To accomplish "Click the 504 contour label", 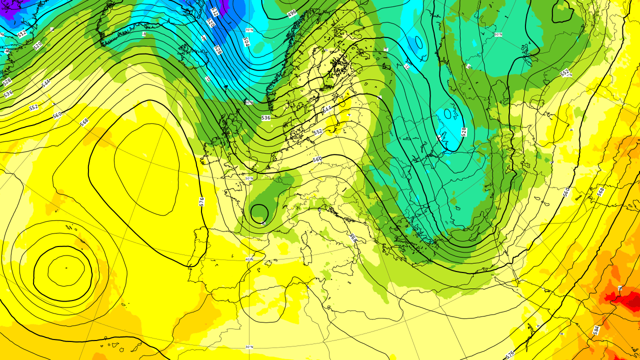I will (x=246, y=42).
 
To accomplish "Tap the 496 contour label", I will (x=292, y=13).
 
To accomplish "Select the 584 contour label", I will (x=596, y=330).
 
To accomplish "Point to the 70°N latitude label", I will (x=249, y=30).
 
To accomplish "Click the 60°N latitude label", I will (x=249, y=102).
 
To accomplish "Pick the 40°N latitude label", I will (x=249, y=259).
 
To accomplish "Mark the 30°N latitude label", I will (x=249, y=346).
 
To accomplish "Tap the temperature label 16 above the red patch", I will (x=620, y=288).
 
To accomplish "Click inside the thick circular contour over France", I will (x=259, y=213).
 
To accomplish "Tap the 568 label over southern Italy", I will (x=353, y=238).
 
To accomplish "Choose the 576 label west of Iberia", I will (x=201, y=201).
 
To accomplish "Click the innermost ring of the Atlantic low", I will (x=65, y=270).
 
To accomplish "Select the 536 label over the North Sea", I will (x=265, y=118).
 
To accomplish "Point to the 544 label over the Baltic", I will (x=327, y=109).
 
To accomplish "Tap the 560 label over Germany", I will (x=317, y=159).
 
